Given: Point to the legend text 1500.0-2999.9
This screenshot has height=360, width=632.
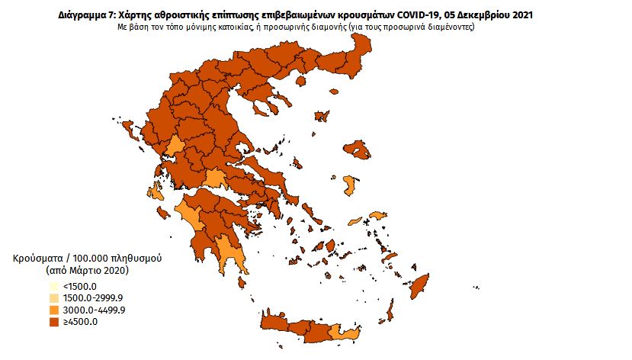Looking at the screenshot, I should [93, 297].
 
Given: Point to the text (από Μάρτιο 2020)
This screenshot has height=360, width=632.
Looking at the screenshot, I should [83, 271].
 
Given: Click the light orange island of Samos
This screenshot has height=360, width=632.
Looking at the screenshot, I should [379, 216].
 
